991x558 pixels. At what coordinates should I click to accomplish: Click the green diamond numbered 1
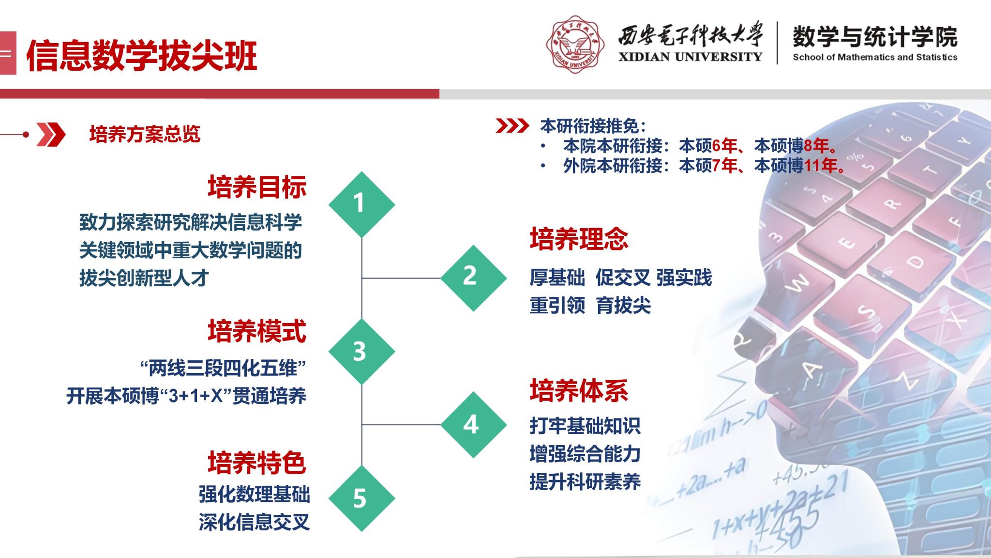(x=361, y=204)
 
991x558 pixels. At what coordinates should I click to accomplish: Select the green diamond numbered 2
(x=474, y=278)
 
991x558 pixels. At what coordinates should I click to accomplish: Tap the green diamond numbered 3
(x=361, y=352)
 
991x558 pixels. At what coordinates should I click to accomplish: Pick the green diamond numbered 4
(x=474, y=425)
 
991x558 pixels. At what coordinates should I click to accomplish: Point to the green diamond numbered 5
(x=361, y=498)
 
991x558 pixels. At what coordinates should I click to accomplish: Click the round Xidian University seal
(x=575, y=44)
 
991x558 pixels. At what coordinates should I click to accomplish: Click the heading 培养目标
(x=257, y=187)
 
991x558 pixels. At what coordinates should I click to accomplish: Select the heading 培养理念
(x=579, y=239)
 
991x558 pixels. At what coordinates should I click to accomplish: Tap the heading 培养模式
(x=257, y=331)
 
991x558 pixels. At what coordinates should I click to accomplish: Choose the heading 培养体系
(x=579, y=390)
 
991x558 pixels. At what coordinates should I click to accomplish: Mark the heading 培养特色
(x=257, y=463)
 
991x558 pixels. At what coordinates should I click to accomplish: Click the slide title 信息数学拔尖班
(x=142, y=56)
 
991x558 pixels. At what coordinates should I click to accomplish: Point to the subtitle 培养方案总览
(x=145, y=134)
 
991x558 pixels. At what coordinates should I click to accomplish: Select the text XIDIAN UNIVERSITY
(x=690, y=57)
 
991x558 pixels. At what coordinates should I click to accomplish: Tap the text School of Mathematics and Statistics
(x=875, y=57)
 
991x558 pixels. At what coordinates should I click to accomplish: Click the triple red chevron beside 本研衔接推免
(x=512, y=125)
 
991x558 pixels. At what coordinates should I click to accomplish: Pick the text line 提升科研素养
(x=585, y=481)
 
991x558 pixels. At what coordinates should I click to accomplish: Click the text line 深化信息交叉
(x=254, y=522)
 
